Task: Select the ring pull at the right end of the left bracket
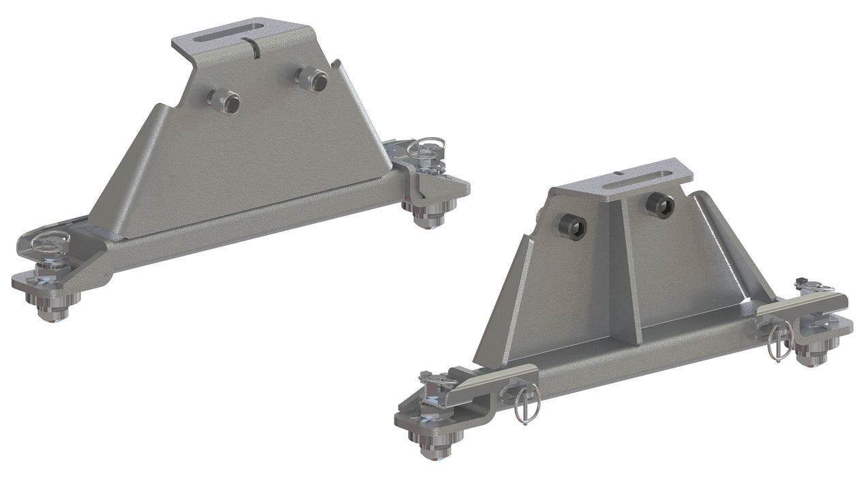click(427, 146)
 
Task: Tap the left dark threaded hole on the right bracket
click(573, 227)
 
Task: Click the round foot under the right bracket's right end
click(810, 354)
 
